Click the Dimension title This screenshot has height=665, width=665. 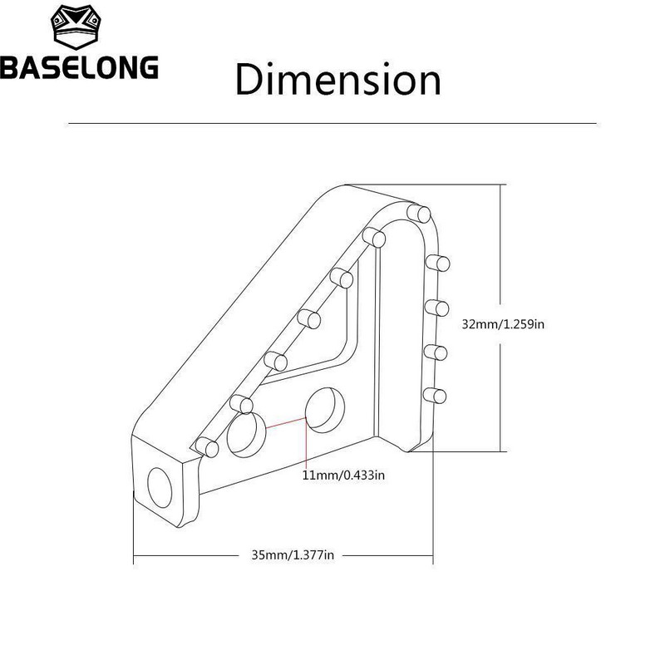tap(337, 80)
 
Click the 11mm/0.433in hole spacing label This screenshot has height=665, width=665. tap(344, 475)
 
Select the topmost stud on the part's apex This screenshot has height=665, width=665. tap(419, 214)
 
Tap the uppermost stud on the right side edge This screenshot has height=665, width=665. tap(438, 264)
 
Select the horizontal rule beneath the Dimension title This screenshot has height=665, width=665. tap(332, 123)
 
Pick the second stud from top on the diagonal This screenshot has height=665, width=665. tap(342, 276)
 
